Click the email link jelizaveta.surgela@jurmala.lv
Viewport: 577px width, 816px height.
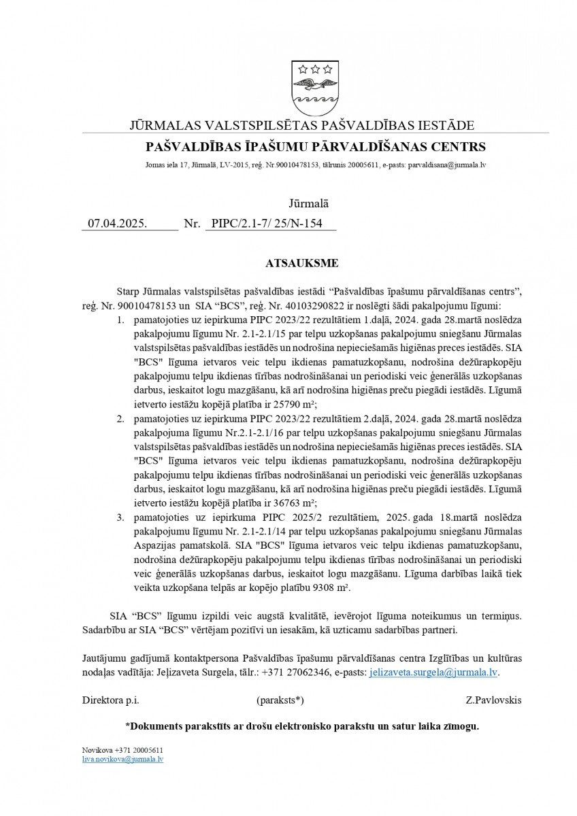tap(433, 671)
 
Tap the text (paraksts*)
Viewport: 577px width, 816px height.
tap(280, 699)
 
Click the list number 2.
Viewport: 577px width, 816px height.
tap(120, 418)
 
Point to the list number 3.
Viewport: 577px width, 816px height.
tap(120, 517)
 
